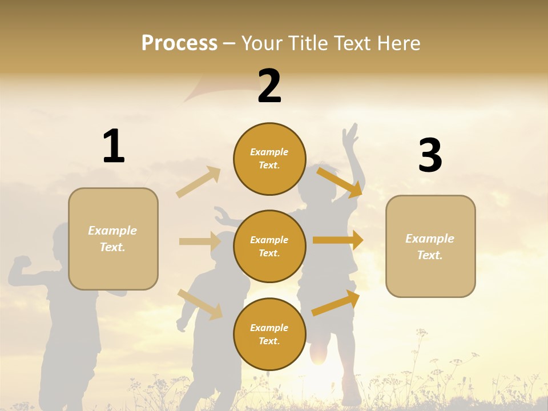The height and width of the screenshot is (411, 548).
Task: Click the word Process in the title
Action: point(179,43)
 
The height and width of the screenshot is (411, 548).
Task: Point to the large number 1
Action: point(114,147)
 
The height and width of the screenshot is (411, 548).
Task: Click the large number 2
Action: point(269,86)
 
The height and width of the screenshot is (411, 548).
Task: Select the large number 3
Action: point(430,156)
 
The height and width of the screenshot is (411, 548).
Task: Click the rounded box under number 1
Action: point(113,239)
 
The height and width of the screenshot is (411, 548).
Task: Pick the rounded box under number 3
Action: point(430,246)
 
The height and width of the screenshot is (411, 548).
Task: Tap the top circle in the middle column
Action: point(269,159)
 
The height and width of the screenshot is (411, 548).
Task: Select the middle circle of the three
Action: point(269,246)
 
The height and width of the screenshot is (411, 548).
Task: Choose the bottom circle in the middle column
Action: point(269,334)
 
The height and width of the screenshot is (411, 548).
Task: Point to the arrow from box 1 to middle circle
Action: point(200,241)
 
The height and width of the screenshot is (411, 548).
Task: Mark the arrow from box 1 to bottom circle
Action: point(200,304)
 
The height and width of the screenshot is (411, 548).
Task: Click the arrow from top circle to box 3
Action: point(340,182)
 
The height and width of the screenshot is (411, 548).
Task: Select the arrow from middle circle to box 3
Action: point(338,240)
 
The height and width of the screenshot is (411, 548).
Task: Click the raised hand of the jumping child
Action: point(350,136)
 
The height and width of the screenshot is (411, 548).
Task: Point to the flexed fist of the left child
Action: point(22,263)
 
